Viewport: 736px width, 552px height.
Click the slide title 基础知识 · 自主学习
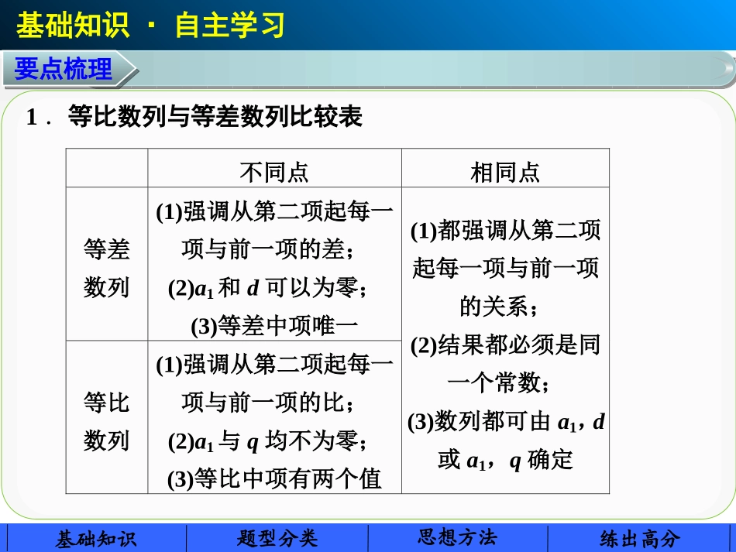150,25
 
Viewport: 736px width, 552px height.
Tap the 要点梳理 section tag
64,70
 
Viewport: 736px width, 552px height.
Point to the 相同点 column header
505,171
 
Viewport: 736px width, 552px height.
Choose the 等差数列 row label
106,268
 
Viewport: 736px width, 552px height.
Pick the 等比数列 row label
106,421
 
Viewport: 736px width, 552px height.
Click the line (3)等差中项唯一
274,326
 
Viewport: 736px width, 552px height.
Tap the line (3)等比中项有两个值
274,479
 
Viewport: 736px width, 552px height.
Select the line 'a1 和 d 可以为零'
268,288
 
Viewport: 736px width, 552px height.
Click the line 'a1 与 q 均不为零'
268,441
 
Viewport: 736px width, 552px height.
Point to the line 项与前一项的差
268,249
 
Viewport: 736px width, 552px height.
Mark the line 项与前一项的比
268,403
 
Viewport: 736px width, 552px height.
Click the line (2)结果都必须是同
505,345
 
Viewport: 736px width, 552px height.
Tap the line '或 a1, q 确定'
505,460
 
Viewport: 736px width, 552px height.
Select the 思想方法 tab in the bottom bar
457,538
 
